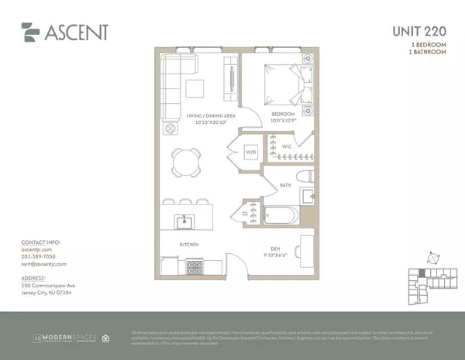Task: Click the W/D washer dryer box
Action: [x=250, y=152]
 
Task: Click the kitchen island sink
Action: [x=185, y=223]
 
